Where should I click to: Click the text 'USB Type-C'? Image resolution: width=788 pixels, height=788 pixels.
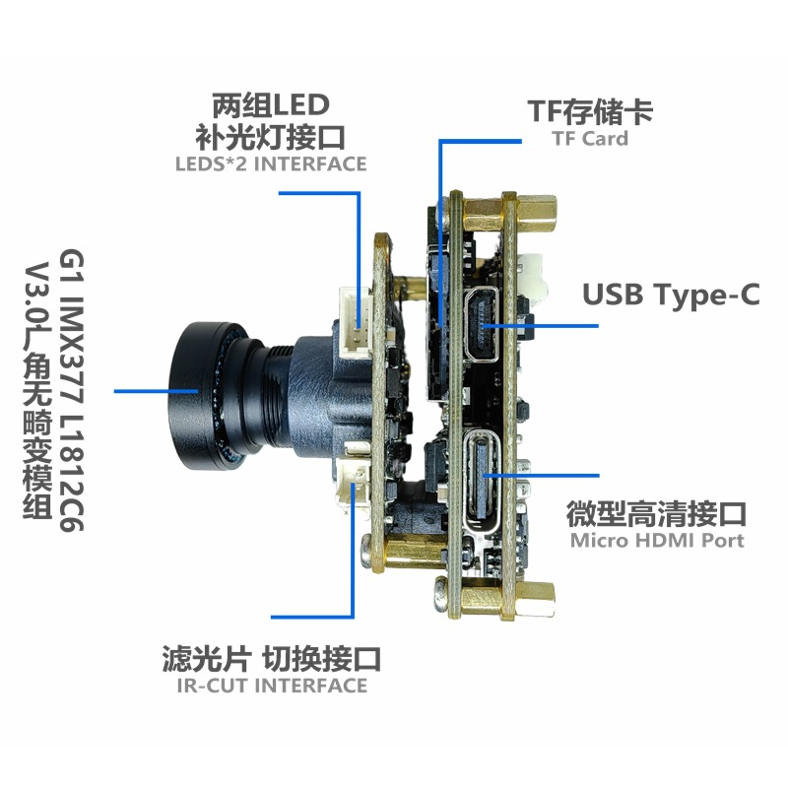point(671,295)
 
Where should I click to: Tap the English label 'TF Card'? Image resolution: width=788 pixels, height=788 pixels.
point(590,138)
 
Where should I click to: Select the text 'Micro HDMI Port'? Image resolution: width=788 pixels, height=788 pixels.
point(657,541)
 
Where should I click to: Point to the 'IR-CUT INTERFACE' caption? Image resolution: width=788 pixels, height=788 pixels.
point(272,686)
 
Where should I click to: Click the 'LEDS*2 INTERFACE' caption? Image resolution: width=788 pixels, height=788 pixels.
point(271,164)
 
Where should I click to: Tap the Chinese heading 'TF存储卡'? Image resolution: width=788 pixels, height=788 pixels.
point(590,111)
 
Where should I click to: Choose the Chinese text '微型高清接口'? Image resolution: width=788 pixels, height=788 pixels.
point(656,513)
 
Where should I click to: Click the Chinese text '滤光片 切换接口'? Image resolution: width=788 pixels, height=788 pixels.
point(271,658)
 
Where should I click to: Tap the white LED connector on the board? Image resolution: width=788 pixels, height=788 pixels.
point(355,322)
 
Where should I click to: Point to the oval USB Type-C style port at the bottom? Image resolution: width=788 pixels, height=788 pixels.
point(483,479)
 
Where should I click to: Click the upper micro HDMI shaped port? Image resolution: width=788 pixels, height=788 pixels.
point(483,324)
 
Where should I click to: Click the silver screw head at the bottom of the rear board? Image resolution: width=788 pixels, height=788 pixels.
point(440,595)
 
